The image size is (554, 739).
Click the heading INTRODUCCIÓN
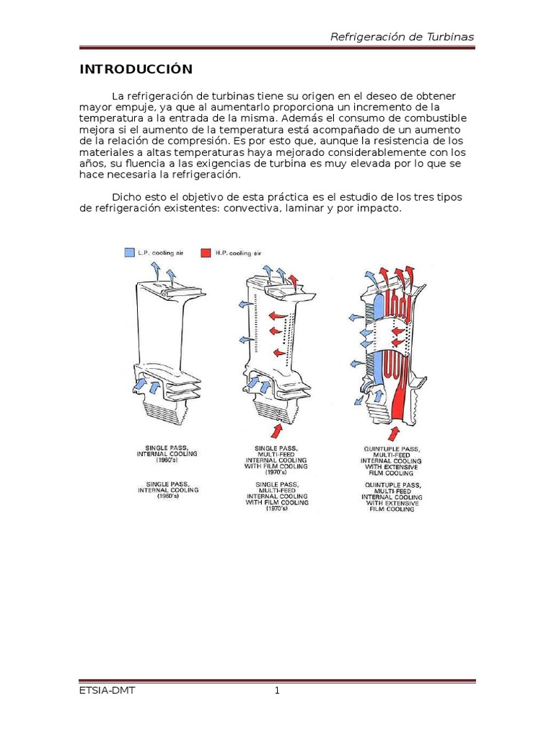pos(136,69)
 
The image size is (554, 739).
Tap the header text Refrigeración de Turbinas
pos(402,37)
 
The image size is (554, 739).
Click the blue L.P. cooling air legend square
pos(129,253)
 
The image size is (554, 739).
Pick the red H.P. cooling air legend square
pos(206,253)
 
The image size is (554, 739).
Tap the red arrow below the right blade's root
pos(394,432)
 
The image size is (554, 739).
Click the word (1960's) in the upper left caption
pos(167,460)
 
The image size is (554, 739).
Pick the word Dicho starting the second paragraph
pos(127,198)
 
